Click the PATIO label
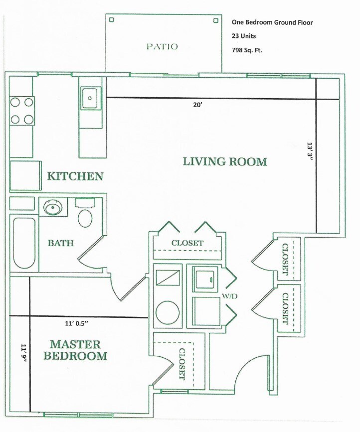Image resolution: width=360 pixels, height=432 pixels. point(162,46)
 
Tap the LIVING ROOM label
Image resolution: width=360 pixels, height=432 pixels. point(225,161)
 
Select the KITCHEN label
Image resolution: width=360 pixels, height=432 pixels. point(75,176)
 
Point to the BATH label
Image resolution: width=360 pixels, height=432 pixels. point(61,243)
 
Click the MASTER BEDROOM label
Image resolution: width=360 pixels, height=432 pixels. point(75,350)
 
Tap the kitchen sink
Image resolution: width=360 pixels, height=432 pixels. point(89,98)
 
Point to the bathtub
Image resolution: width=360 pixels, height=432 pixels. point(24,243)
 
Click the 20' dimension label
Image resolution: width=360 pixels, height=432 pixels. point(198,105)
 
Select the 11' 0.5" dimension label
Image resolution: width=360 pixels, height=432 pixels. point(76,323)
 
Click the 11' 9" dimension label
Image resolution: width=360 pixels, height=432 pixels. point(24,354)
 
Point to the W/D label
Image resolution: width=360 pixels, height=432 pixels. point(230,296)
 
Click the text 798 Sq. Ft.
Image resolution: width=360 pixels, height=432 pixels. point(247,50)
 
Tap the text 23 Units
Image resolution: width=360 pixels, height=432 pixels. point(244,36)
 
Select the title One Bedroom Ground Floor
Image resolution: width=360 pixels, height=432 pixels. point(272,22)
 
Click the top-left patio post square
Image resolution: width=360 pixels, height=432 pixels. point(112,19)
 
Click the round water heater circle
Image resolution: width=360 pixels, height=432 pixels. point(168,313)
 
